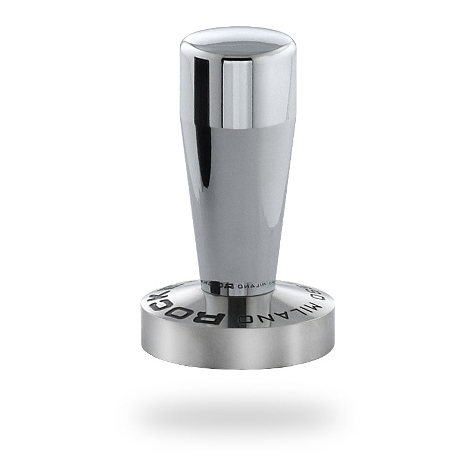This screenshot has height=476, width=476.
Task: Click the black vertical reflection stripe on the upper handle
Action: coord(202,119)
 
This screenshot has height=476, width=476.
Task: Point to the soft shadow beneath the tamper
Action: coord(238,411)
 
